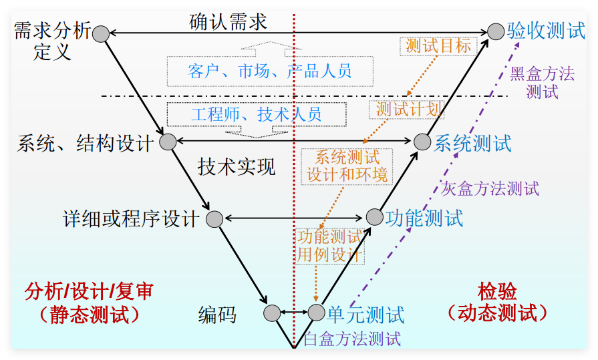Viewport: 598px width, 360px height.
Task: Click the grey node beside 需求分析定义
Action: [101, 33]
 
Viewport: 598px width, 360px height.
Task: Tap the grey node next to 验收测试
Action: [496, 31]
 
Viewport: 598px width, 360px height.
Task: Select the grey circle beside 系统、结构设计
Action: [167, 142]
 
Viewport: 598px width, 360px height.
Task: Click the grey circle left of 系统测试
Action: [422, 141]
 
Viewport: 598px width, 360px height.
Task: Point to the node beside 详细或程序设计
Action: [214, 218]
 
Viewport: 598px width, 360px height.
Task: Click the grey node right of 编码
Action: [272, 313]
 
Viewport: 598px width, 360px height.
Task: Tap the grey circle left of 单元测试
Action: [316, 312]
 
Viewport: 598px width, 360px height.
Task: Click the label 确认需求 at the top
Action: [228, 22]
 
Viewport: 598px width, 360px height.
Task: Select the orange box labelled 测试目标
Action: [438, 46]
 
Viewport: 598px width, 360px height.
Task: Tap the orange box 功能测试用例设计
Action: [329, 246]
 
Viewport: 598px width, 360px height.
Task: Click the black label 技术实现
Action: [237, 166]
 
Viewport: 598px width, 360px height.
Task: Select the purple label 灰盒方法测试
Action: [490, 189]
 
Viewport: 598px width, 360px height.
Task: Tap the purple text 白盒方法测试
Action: [352, 339]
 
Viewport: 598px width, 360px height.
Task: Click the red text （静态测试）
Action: [90, 314]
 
